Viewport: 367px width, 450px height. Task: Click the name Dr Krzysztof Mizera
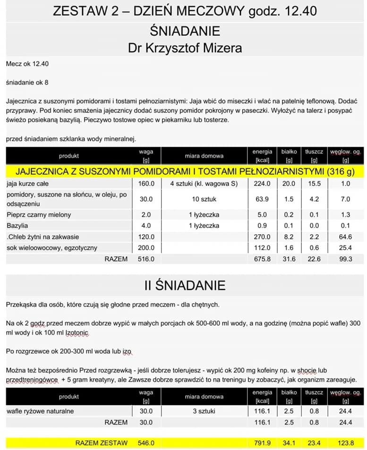pos(184,48)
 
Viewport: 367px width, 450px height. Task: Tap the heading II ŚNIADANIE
pos(185,285)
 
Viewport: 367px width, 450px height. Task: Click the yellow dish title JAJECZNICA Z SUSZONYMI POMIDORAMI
pos(185,170)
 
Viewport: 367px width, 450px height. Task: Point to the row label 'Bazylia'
pos(17,226)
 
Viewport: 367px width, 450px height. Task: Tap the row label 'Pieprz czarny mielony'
pos(39,215)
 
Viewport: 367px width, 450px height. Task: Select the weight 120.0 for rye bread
pos(145,237)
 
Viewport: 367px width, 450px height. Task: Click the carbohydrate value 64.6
pos(345,237)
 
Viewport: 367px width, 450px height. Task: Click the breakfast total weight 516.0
pos(145,259)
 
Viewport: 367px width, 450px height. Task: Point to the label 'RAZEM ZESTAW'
pos(101,443)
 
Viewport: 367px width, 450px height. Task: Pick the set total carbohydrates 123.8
pos(345,443)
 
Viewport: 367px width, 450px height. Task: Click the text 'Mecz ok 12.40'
pos(28,63)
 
